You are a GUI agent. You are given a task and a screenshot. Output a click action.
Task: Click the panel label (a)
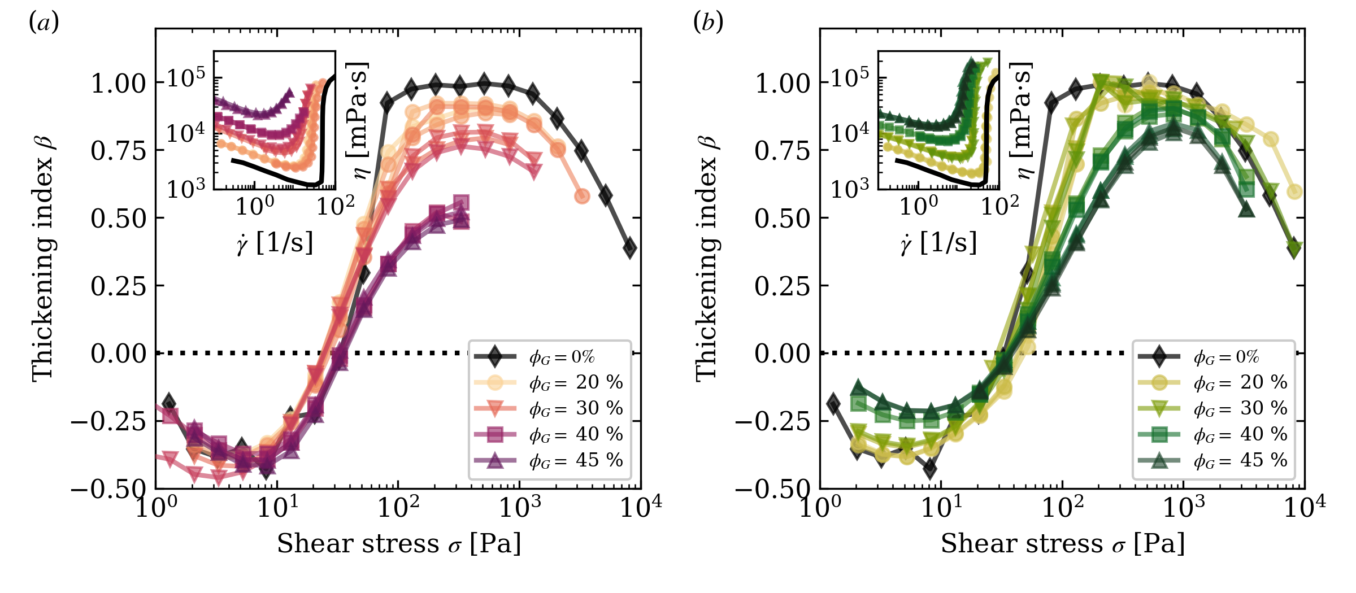[x=44, y=23]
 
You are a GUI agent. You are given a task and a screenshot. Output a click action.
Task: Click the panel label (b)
[x=708, y=23]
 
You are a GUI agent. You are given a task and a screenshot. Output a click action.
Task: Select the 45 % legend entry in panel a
[x=575, y=460]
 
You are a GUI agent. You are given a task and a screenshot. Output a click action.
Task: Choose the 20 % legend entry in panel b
[x=1240, y=382]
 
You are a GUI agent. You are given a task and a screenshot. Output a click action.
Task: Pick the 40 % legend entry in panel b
[x=1240, y=434]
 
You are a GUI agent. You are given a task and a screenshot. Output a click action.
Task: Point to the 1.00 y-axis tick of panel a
[x=119, y=84]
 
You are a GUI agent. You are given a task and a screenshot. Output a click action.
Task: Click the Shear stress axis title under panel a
[x=398, y=544]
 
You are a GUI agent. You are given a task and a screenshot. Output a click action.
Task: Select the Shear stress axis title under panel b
[x=1062, y=544]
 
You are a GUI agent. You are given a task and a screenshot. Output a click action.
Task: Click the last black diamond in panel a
[x=629, y=248]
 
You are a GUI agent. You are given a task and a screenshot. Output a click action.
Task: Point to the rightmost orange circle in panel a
[x=582, y=196]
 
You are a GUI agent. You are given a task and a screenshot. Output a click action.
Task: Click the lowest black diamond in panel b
[x=929, y=468]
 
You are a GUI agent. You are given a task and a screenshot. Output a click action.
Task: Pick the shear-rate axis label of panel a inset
[x=275, y=243]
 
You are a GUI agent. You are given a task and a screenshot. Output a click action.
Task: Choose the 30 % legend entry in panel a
[x=575, y=408]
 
